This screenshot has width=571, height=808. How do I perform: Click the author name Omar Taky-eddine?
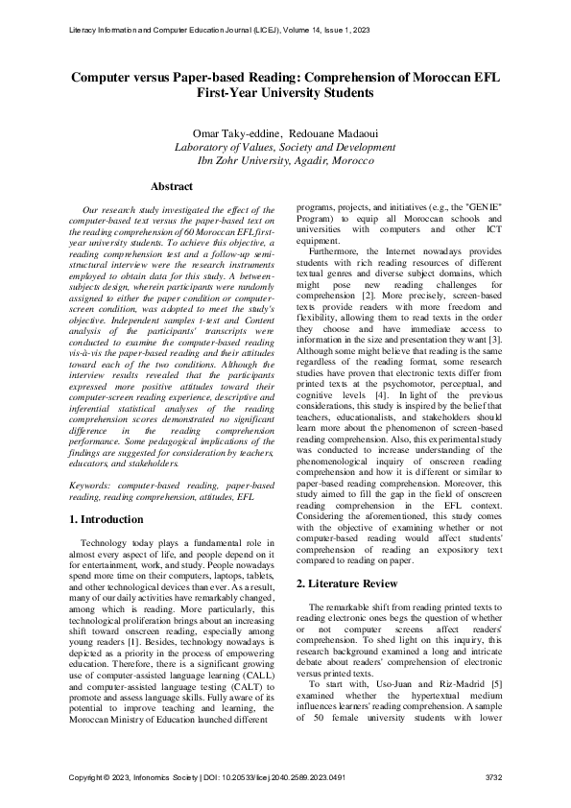tap(234, 131)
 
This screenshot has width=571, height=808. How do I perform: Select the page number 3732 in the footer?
tap(492, 776)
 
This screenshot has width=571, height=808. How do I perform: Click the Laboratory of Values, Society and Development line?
tap(285, 147)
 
